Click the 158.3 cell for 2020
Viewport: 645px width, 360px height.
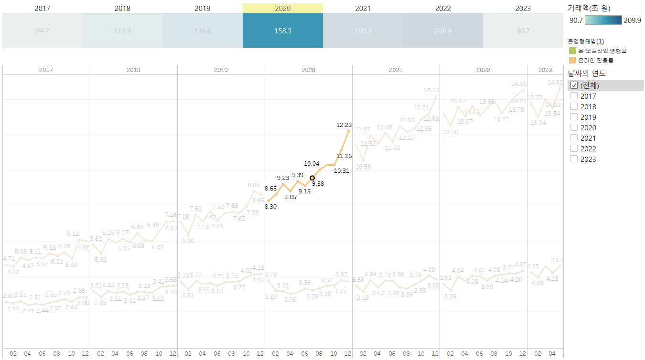282,31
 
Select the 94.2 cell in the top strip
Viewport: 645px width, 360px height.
43,31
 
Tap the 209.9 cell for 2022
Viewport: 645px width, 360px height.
443,31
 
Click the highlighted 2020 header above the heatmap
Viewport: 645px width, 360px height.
282,9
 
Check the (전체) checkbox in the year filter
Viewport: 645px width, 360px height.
574,85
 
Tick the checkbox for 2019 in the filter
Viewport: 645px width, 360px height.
574,117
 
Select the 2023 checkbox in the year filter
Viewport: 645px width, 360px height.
574,159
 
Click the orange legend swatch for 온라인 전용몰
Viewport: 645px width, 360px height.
572,60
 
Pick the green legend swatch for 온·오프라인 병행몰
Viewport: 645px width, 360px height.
572,51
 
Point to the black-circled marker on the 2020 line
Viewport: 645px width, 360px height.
312,178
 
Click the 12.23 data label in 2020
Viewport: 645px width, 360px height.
344,125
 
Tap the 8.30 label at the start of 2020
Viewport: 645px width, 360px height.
270,207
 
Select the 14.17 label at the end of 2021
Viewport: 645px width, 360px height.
431,90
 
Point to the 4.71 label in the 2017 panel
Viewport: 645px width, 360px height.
9,259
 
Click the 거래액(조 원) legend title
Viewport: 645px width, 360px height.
589,8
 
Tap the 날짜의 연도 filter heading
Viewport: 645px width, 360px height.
587,74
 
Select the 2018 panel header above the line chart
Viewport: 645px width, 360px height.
133,70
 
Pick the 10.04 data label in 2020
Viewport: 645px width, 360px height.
312,164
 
